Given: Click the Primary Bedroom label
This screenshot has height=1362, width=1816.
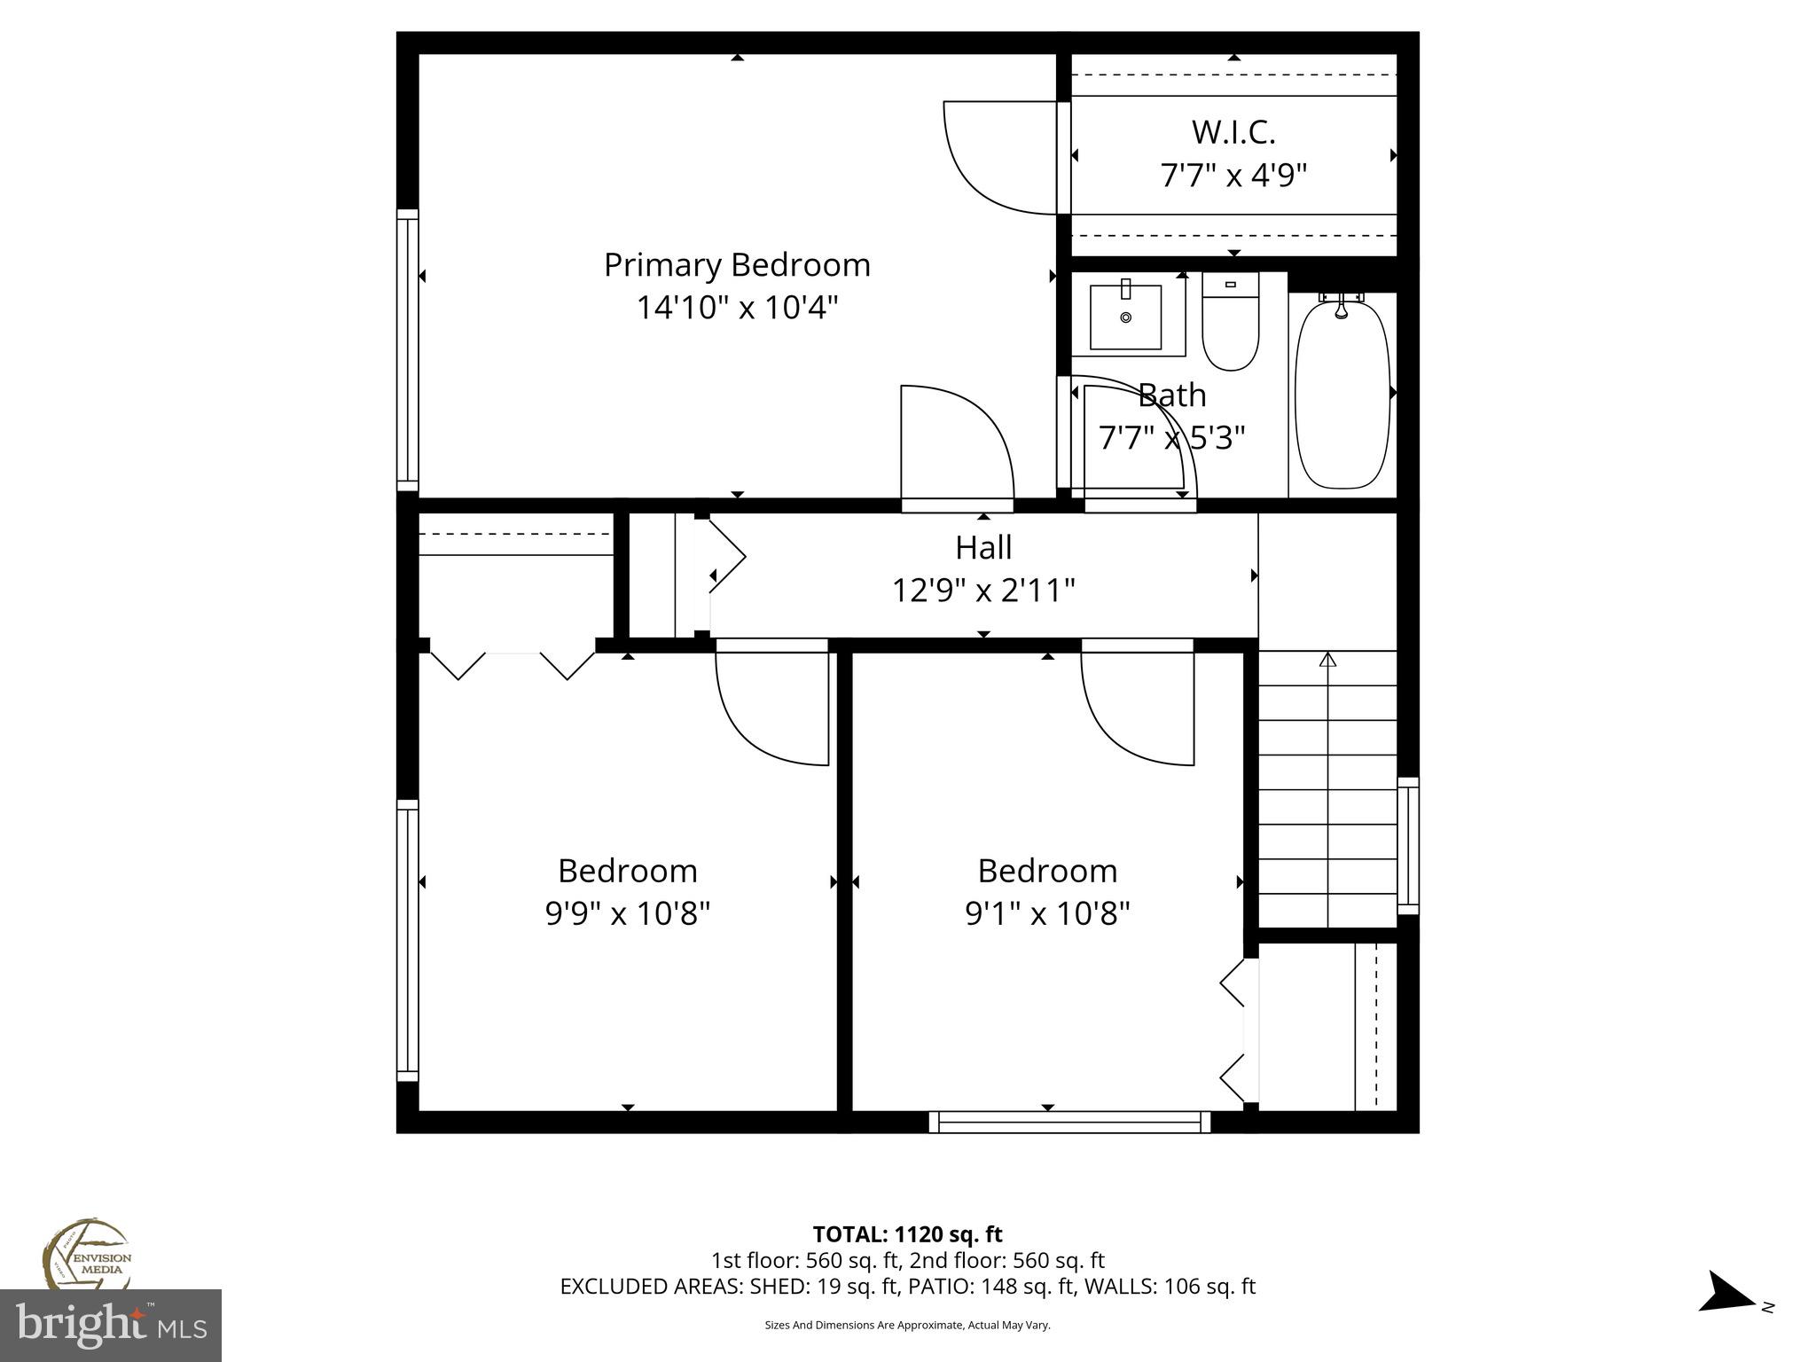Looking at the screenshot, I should [737, 265].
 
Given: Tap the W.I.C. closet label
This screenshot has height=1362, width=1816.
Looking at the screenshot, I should [1233, 132].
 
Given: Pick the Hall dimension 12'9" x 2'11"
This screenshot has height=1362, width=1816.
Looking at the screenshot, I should [983, 590].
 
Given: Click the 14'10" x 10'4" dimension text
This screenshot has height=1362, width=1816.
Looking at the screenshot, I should [737, 308].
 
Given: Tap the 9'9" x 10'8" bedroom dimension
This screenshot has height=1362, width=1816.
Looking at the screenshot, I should [628, 912].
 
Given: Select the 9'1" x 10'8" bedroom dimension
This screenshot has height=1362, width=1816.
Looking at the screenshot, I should [1047, 912].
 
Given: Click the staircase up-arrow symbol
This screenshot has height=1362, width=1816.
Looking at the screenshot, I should [1327, 661].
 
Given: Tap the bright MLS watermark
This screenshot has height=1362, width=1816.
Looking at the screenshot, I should [111, 1325].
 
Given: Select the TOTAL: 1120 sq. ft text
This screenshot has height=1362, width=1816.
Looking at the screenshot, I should [907, 1233].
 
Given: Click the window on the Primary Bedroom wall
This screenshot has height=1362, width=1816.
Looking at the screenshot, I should [407, 350].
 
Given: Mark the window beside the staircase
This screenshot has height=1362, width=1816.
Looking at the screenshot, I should [1407, 845].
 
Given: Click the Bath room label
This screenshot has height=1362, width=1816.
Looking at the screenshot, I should [1171, 395].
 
